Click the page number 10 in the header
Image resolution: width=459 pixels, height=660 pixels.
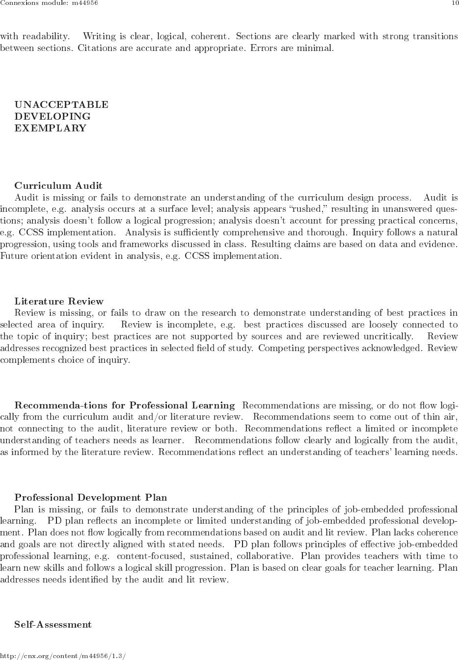click(455, 3)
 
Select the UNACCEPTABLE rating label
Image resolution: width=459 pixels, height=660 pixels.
click(61, 104)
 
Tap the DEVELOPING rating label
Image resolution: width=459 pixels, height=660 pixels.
click(53, 116)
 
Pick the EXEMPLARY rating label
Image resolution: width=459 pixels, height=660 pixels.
click(50, 128)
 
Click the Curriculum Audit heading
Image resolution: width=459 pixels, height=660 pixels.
click(58, 186)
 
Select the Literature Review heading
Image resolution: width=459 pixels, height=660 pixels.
click(59, 301)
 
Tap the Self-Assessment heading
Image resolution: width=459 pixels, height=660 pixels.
click(53, 624)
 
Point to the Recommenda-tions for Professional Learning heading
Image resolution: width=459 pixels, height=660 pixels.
click(125, 405)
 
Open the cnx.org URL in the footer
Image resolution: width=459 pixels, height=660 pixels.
click(63, 656)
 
